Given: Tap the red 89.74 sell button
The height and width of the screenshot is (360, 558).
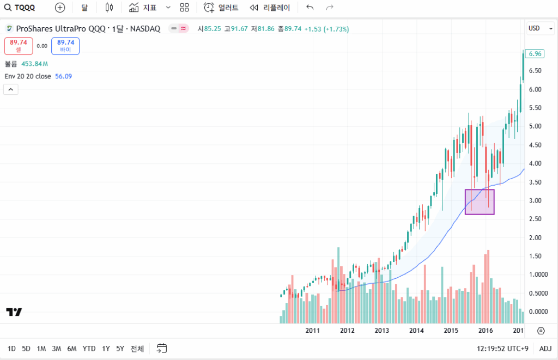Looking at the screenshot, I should click(x=19, y=46).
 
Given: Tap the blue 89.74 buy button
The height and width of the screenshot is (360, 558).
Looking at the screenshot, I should click(x=65, y=46).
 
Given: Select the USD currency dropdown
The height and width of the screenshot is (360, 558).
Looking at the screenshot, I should click(x=540, y=28).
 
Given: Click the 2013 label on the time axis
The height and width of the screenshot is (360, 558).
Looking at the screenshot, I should click(x=382, y=331).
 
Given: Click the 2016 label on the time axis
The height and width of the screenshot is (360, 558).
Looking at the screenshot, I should click(x=485, y=331).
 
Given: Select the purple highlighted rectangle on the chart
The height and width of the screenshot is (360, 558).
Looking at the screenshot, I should click(x=480, y=202).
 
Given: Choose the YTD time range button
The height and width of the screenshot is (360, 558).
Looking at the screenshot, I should click(x=89, y=349).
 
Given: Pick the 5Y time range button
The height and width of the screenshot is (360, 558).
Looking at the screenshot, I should click(x=120, y=349).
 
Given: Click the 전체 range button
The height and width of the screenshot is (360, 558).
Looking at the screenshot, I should click(x=137, y=349).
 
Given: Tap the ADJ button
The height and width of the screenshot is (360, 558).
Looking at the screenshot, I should click(x=545, y=349).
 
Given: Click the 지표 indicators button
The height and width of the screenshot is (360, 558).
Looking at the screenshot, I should click(x=143, y=8).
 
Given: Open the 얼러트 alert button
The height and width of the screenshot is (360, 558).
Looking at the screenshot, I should click(x=221, y=8).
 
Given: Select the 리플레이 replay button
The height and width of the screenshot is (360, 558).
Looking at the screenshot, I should click(x=270, y=8).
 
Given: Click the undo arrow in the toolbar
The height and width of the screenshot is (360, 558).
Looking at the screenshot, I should click(x=310, y=8).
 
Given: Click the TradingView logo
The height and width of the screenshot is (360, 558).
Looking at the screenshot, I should click(x=14, y=312).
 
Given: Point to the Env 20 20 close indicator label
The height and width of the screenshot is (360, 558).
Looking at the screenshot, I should click(x=28, y=76).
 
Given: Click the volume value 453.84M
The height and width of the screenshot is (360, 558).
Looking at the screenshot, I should click(x=34, y=64).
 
